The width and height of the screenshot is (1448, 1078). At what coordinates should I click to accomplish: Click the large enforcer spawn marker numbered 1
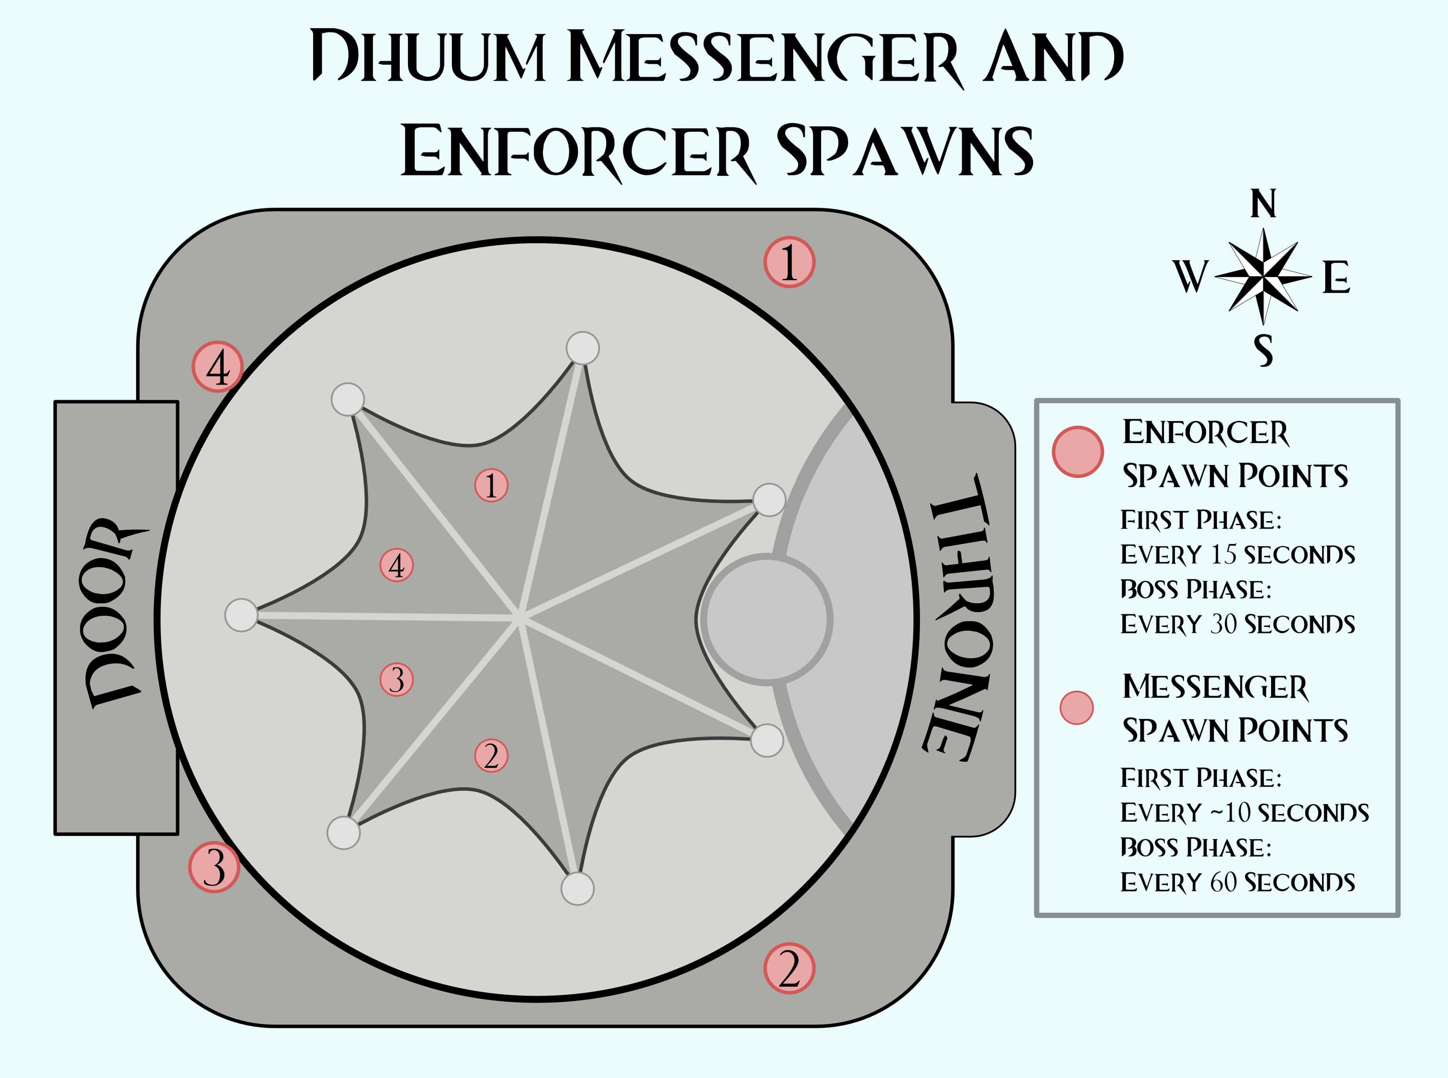pyautogui.click(x=789, y=262)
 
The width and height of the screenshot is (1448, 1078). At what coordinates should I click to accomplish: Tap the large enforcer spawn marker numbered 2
pyautogui.click(x=789, y=969)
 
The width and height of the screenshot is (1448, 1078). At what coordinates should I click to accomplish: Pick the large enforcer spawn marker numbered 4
pyautogui.click(x=218, y=367)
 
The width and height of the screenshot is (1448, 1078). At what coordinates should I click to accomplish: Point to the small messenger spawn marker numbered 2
pyautogui.click(x=491, y=756)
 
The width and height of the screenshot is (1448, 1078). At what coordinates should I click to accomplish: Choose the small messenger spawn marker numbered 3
pyautogui.click(x=397, y=679)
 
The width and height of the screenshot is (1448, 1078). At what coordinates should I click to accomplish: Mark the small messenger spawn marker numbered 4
pyautogui.click(x=397, y=565)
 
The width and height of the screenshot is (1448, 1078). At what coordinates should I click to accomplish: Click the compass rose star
pyautogui.click(x=1263, y=277)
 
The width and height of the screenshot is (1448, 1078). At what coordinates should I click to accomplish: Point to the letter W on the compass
pyautogui.click(x=1191, y=277)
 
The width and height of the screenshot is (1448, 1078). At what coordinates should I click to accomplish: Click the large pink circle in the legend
pyautogui.click(x=1078, y=452)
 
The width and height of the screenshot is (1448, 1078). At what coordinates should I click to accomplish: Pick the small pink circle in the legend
pyautogui.click(x=1076, y=708)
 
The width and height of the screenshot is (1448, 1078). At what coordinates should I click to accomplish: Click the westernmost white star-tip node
pyautogui.click(x=241, y=615)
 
